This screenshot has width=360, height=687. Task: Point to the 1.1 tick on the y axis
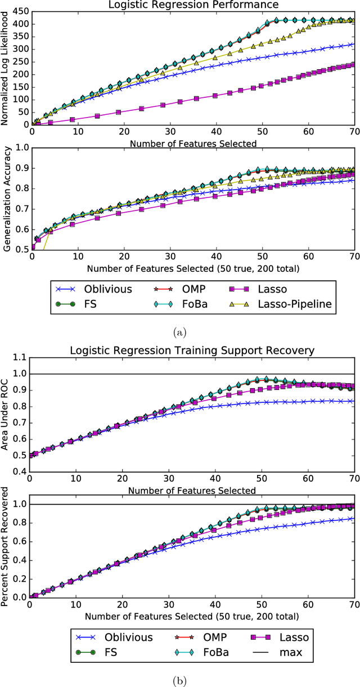click(20, 357)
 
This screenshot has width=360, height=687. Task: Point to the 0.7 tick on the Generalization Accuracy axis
click(20, 209)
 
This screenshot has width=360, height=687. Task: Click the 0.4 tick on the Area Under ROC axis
click(20, 472)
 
